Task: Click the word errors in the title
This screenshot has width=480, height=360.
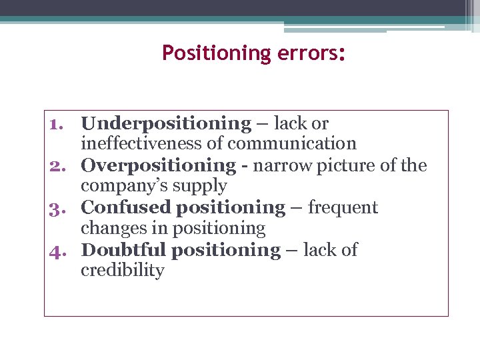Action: [x=301, y=53]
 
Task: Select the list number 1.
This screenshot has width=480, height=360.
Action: [x=59, y=124]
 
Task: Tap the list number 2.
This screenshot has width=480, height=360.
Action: [x=59, y=166]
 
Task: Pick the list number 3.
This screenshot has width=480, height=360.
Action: [x=59, y=208]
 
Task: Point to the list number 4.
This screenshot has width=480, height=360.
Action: [x=59, y=251]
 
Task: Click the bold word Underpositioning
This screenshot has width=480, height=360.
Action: [x=166, y=124]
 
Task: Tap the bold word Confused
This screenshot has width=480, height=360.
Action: [x=125, y=208]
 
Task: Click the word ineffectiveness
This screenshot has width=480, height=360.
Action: [x=151, y=143]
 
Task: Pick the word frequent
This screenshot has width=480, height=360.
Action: [x=343, y=208]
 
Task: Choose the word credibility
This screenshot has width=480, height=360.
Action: [x=122, y=271]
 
